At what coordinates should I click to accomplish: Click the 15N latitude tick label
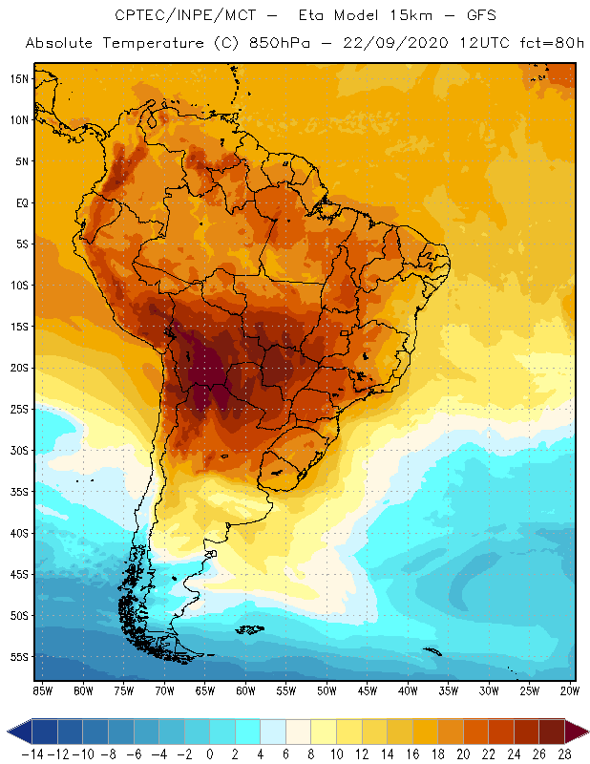[x=19, y=78]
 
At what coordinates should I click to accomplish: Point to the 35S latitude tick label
[x=19, y=492]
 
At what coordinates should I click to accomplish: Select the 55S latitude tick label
[x=19, y=657]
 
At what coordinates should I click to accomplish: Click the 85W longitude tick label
[x=42, y=690]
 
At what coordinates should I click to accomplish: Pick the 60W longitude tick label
[x=246, y=690]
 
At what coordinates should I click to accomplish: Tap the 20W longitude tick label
[x=569, y=690]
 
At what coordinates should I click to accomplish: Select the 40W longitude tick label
[x=408, y=690]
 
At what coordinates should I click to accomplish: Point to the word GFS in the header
[x=457, y=16]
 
